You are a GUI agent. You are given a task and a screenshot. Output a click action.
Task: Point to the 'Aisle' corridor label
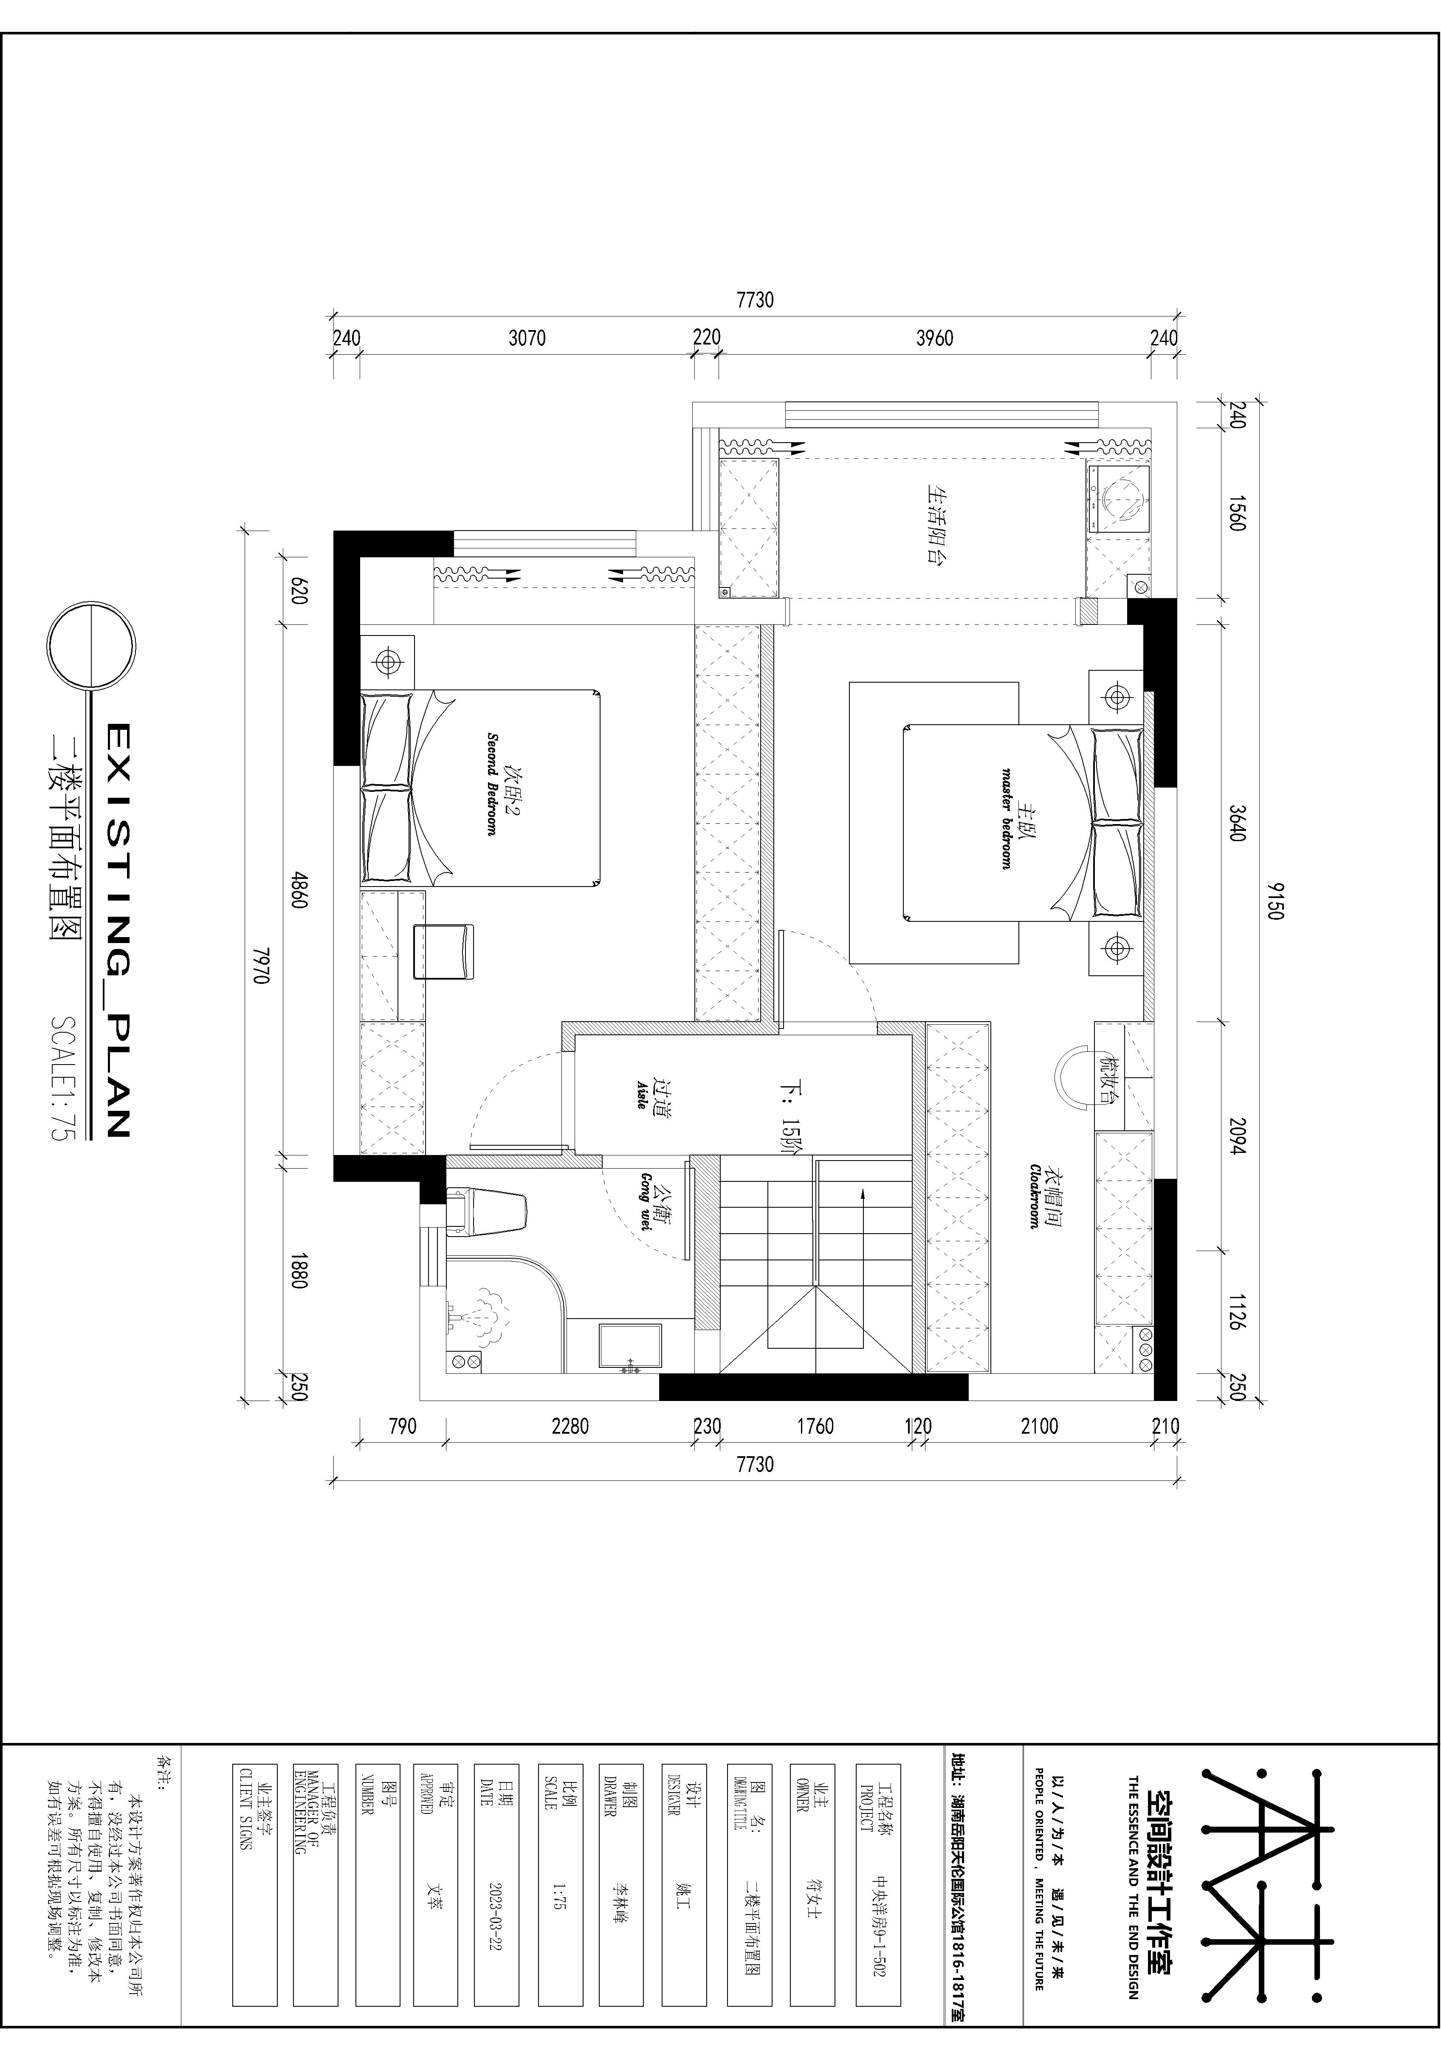click(x=642, y=1093)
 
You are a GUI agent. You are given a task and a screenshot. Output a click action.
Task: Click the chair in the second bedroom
click(x=443, y=952)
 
